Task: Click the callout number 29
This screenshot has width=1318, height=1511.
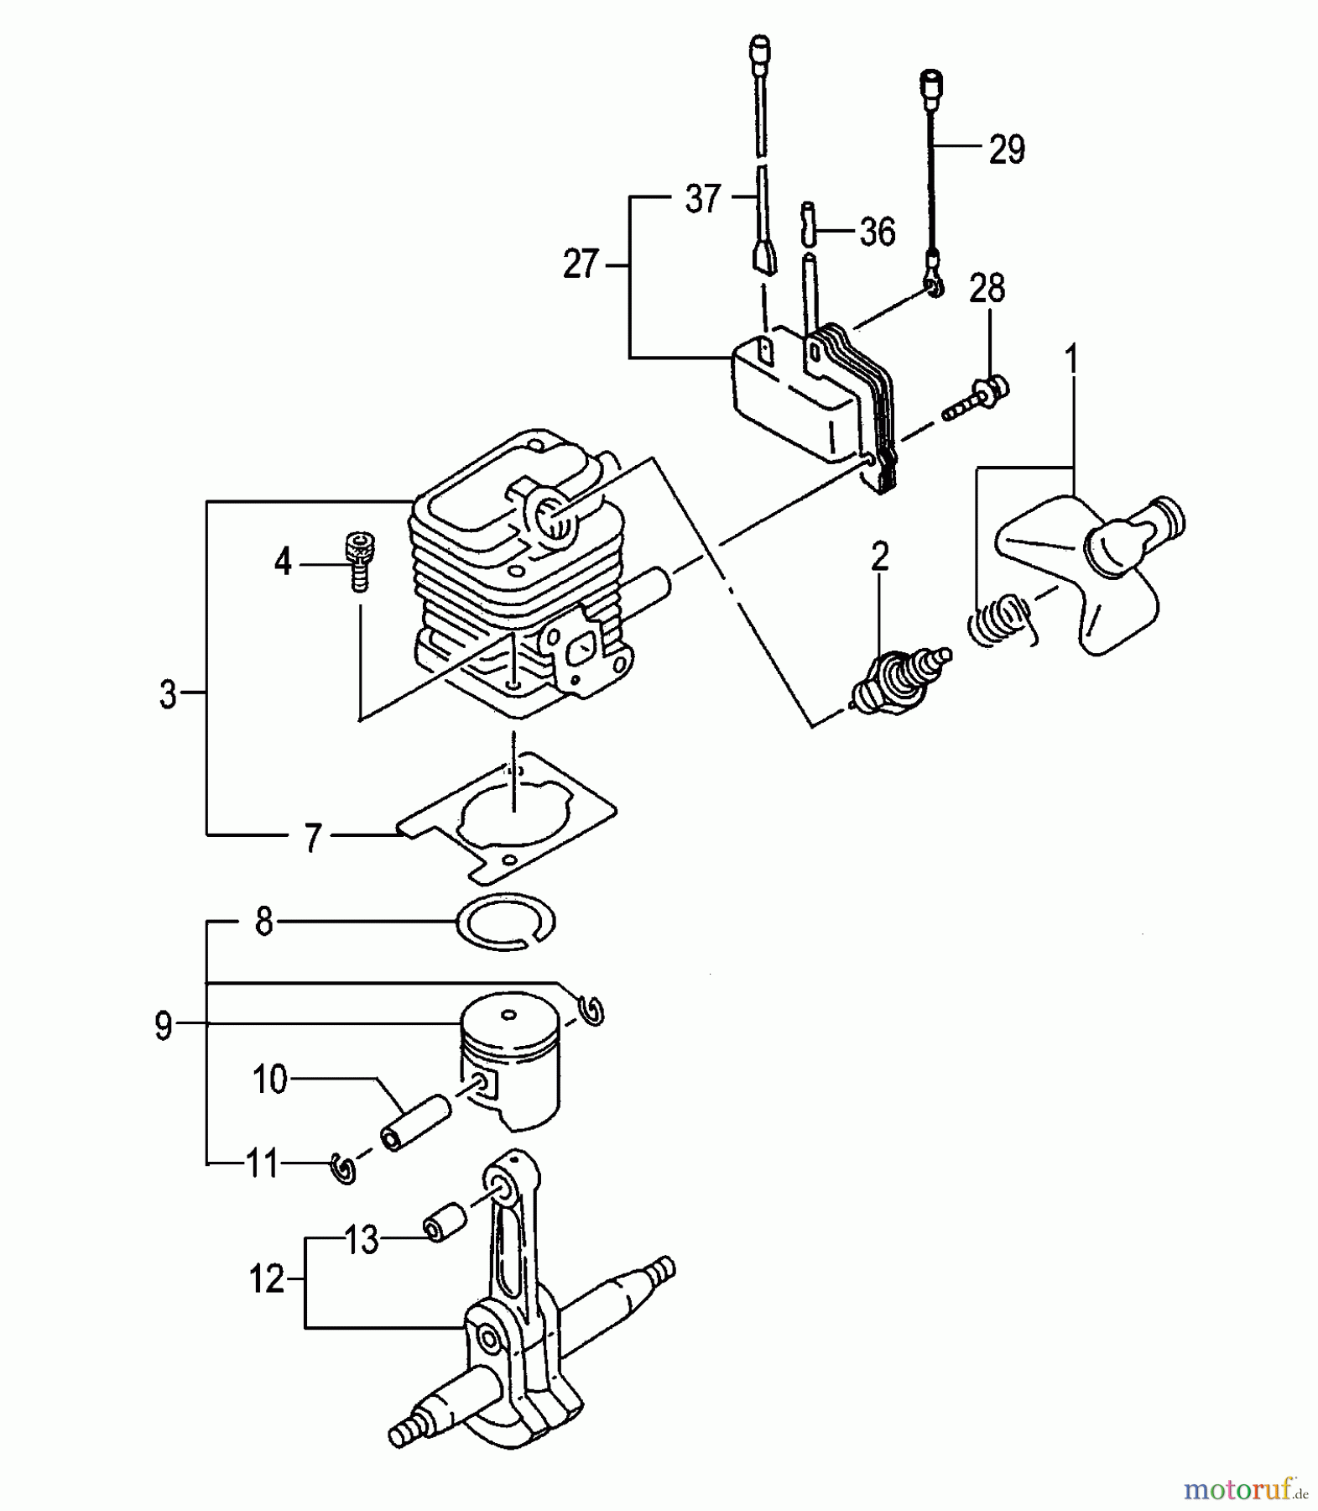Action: click(x=1007, y=150)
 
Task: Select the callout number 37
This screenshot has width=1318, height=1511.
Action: click(x=703, y=199)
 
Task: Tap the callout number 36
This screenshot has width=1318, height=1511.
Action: click(x=877, y=232)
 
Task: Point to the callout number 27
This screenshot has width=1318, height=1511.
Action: click(x=581, y=264)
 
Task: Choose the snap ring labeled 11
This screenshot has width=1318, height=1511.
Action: click(x=345, y=1168)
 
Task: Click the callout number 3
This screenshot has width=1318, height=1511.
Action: click(x=168, y=695)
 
